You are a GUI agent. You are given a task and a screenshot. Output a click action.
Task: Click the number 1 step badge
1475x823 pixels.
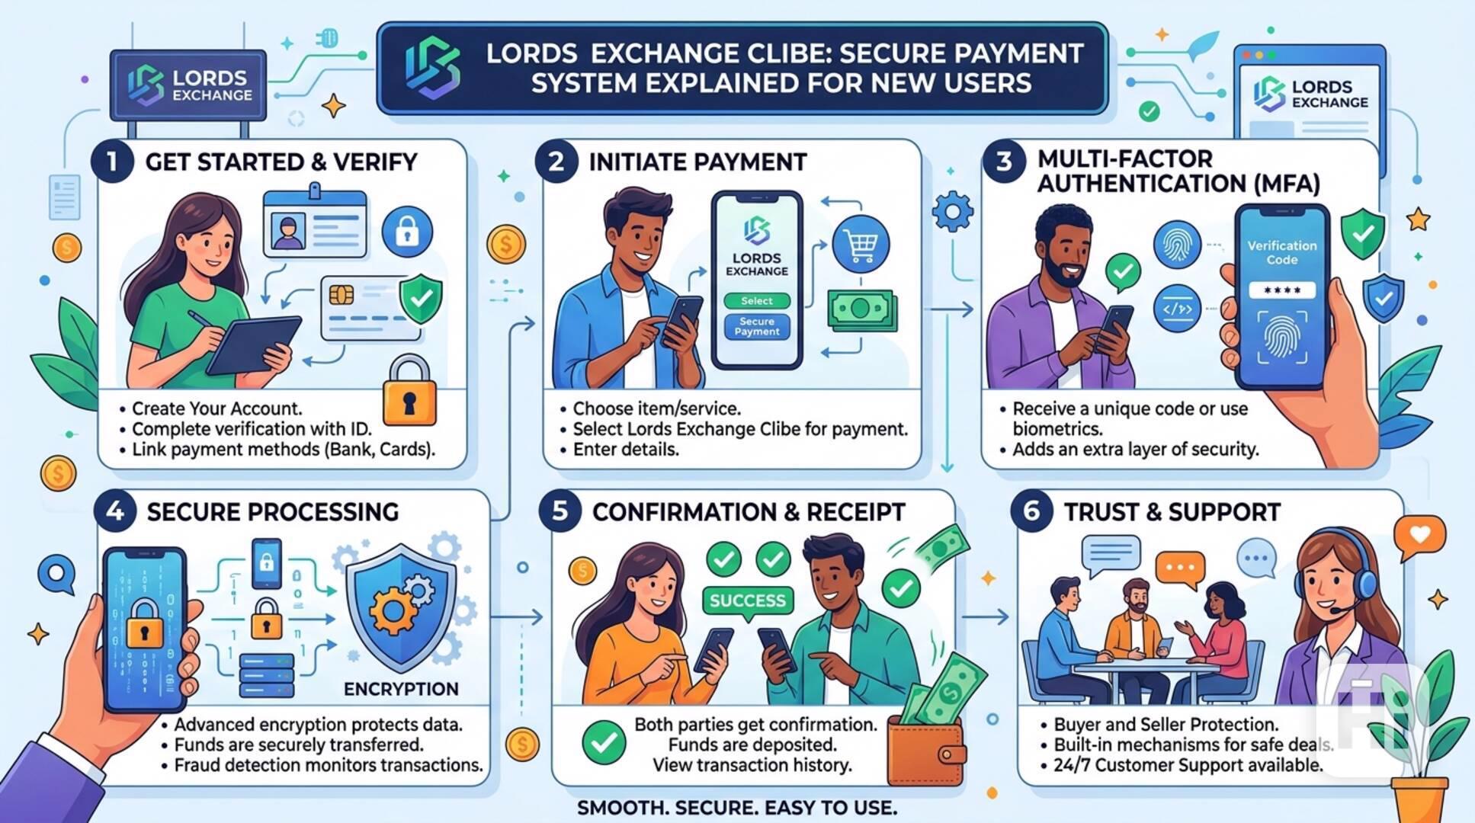point(113,162)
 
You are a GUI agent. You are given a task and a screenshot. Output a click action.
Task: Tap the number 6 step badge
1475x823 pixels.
point(1031,511)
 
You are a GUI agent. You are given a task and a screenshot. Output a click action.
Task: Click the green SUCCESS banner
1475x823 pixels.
point(747,600)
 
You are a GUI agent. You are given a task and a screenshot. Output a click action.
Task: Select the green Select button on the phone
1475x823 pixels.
point(756,301)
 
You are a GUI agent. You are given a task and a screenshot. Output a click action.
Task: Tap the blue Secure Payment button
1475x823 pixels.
point(756,327)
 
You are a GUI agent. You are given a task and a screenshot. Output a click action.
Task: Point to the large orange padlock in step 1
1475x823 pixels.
point(409,392)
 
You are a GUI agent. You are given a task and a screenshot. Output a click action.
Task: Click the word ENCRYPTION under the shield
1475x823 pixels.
point(401,689)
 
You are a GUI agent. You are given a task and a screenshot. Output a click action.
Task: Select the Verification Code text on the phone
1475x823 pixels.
point(1281,253)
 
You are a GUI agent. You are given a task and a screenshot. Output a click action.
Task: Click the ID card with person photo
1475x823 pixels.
point(315,223)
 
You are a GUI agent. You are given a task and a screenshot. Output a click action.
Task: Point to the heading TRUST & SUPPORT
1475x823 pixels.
point(1172,512)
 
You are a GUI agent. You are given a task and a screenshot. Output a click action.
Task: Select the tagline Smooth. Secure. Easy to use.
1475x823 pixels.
point(736,808)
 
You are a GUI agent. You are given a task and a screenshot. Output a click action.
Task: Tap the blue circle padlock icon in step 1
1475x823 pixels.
point(407,232)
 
